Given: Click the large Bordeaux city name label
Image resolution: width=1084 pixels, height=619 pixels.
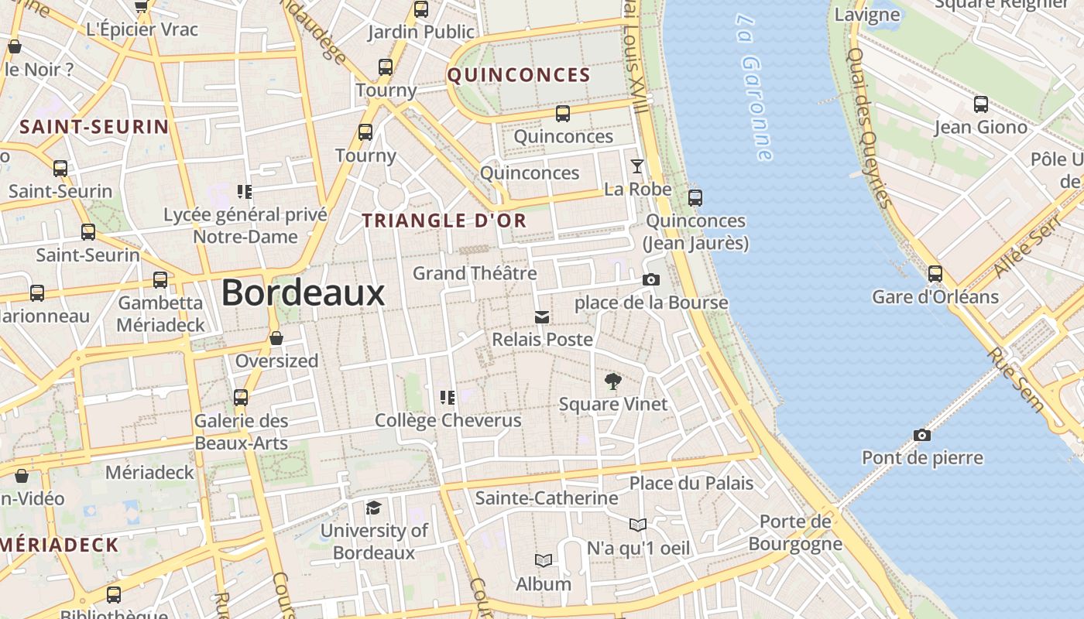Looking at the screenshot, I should pos(303,293).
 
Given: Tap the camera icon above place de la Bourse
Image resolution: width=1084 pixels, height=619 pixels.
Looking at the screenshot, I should pos(651,279).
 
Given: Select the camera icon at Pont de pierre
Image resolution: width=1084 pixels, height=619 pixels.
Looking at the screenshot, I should pos(921,435).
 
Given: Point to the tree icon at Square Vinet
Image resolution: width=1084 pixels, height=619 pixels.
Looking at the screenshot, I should pos(612,381).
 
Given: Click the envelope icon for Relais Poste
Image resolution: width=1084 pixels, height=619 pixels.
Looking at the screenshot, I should pos(542,316).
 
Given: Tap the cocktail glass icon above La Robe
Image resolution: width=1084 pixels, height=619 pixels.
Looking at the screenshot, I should pos(636,166).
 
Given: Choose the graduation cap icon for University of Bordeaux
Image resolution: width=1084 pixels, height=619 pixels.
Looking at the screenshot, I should pos(374,508).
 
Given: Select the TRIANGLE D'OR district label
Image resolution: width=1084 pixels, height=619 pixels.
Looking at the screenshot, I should pos(444,221).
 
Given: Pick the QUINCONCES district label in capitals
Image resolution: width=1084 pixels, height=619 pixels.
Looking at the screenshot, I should pos(519,75).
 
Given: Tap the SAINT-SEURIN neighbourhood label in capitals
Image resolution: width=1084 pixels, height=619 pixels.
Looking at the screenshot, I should pos(94,127).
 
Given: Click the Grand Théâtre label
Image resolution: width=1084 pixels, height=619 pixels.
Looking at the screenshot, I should pos(475,273).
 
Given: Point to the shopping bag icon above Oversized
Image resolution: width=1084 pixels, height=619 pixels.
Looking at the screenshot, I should pos(276,338).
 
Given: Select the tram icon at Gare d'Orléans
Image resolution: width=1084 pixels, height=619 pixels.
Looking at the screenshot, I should pos(935,273).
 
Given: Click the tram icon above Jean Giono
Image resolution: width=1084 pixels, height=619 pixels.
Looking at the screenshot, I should pos(981,104).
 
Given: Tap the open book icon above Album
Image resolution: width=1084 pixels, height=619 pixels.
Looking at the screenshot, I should pos(544,560).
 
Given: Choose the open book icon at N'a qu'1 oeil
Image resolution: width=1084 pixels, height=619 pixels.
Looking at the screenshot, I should pos(637,525).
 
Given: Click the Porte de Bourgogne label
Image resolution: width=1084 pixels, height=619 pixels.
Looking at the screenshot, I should pos(795,532).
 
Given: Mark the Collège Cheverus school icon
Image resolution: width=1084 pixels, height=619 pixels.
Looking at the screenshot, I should pos(448,398).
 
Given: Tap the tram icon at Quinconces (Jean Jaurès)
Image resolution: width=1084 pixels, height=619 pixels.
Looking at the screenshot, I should pos(695,197).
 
